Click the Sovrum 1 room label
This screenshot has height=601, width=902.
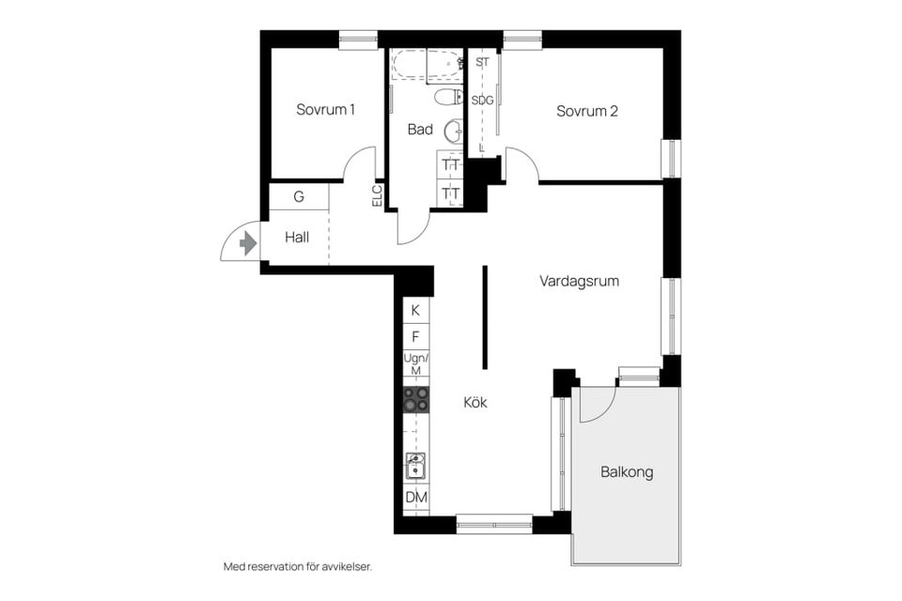[325, 110]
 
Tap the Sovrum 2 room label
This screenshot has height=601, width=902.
[586, 111]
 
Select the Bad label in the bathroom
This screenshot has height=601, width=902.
[420, 130]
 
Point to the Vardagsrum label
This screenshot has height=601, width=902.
[579, 281]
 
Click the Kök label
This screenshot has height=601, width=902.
[475, 402]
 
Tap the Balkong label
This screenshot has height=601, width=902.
[627, 472]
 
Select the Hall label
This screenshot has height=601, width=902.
[297, 238]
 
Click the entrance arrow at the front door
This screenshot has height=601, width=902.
[248, 243]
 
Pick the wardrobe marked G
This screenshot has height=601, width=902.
[299, 197]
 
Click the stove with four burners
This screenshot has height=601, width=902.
[416, 399]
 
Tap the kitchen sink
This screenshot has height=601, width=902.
[415, 465]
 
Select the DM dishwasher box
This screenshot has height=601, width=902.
[415, 498]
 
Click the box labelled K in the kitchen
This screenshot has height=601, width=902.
[415, 310]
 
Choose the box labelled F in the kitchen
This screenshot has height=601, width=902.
[415, 336]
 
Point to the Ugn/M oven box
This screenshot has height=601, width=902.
[415, 364]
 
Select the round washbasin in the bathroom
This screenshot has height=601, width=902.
[453, 130]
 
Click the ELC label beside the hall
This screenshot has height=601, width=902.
[377, 194]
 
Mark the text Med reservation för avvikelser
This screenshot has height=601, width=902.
[298, 566]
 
